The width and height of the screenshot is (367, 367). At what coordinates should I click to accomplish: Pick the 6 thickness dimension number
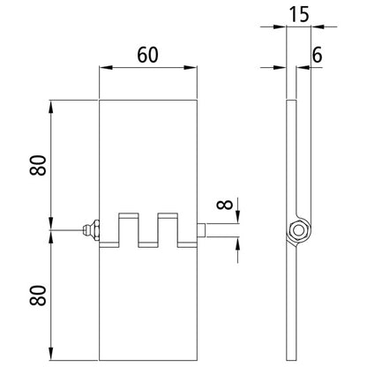point(316,54)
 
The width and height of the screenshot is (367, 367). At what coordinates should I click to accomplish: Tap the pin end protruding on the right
point(200,232)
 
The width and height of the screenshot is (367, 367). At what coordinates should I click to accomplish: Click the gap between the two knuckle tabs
point(148,235)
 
